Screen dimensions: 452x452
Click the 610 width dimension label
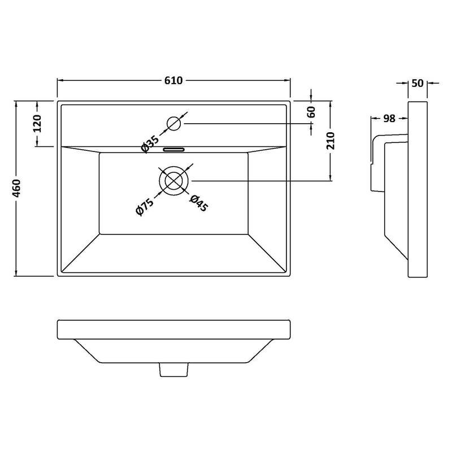tap(174, 81)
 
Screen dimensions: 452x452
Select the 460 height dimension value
tap(17, 189)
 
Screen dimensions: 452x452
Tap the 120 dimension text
tap(38, 123)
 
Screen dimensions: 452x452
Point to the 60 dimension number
tap(311, 112)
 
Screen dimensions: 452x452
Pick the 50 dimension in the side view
tap(418, 83)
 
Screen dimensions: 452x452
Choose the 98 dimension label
tap(389, 118)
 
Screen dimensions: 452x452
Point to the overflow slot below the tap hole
tap(173, 150)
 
